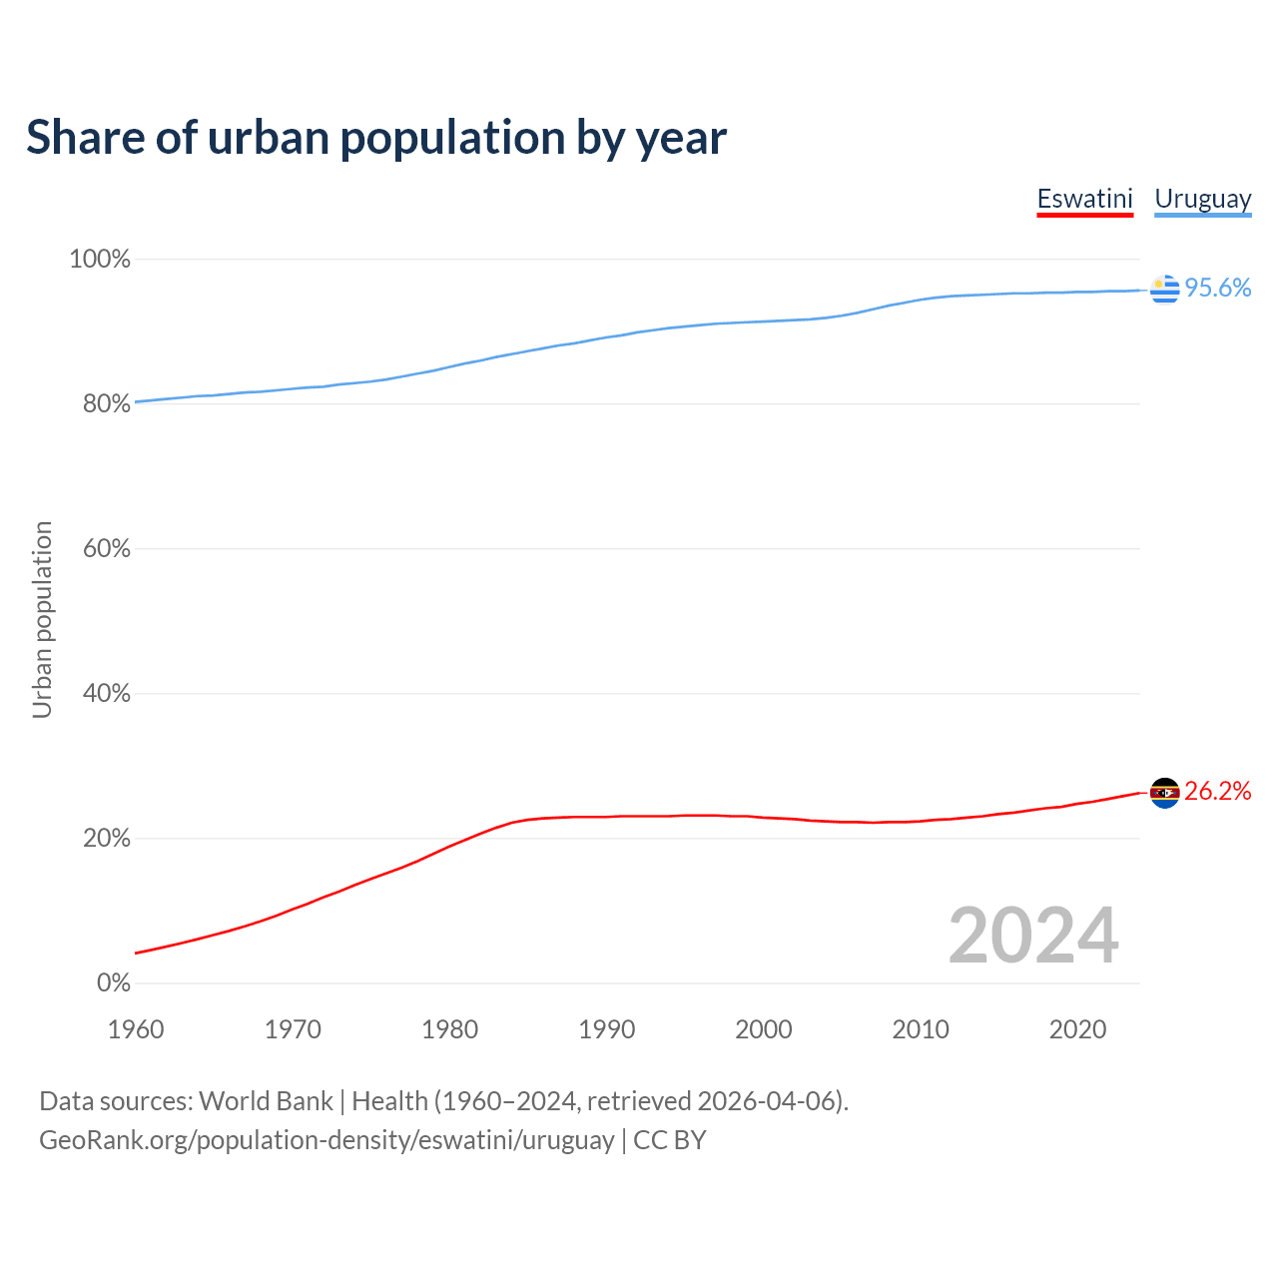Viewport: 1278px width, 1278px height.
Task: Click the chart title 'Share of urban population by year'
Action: pos(376,138)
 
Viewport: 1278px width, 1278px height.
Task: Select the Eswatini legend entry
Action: pos(1084,199)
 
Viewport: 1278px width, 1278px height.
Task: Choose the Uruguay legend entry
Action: pos(1202,199)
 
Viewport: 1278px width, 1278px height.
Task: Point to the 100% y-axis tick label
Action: pos(100,260)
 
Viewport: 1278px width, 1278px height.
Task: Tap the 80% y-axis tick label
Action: pos(106,404)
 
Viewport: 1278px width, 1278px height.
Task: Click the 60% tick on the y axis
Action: pos(106,549)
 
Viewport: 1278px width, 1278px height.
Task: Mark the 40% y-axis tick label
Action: pos(106,694)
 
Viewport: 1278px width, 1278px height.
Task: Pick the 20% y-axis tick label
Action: pos(106,839)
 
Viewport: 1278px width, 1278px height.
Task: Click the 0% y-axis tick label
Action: pos(113,983)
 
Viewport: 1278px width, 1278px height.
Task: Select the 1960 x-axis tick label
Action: pos(136,1029)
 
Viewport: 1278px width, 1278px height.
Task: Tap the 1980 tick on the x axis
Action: pos(449,1029)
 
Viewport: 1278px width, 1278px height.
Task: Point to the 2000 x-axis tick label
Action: pos(764,1029)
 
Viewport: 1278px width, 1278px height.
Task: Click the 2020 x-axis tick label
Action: pos(1077,1029)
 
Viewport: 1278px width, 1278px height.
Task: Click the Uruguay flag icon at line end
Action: pos(1164,290)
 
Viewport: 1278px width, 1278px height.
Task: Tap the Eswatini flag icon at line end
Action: pos(1164,793)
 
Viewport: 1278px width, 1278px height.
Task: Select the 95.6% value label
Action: pos(1217,289)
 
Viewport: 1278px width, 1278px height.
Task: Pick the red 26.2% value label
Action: pos(1217,792)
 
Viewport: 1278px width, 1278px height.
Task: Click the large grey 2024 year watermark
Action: pos(1033,936)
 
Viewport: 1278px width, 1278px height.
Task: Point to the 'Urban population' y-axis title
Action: pos(42,619)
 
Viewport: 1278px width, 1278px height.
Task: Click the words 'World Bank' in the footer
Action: pos(266,1101)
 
